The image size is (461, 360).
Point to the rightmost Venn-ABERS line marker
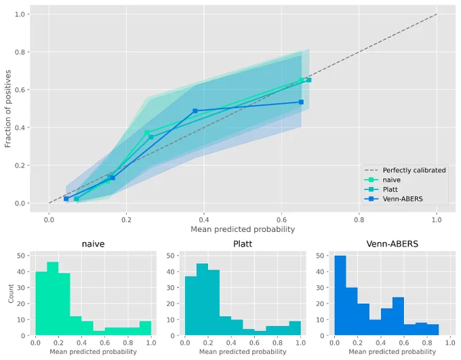pyautogui.click(x=302, y=102)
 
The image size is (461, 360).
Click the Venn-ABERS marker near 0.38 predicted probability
pyautogui.click(x=195, y=111)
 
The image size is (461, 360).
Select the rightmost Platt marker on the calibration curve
pyautogui.click(x=309, y=80)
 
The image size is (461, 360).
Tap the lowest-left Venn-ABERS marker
pyautogui.click(x=66, y=199)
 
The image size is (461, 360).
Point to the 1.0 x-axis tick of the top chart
pyautogui.click(x=437, y=220)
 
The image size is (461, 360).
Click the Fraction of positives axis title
pyautogui.click(x=8, y=108)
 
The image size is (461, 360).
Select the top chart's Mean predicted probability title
pyautogui.click(x=243, y=229)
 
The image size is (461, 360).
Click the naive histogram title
pyautogui.click(x=93, y=244)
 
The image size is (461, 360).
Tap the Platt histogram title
pyautogui.click(x=243, y=244)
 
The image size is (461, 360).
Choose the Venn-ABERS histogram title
pyautogui.click(x=393, y=244)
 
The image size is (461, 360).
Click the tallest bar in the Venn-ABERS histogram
pyautogui.click(x=340, y=296)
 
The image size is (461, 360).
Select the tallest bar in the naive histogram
pyautogui.click(x=53, y=299)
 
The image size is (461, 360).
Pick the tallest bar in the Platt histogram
pyautogui.click(x=202, y=300)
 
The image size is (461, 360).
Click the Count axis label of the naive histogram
pyautogui.click(x=11, y=294)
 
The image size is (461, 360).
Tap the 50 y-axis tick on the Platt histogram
pyautogui.click(x=171, y=256)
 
